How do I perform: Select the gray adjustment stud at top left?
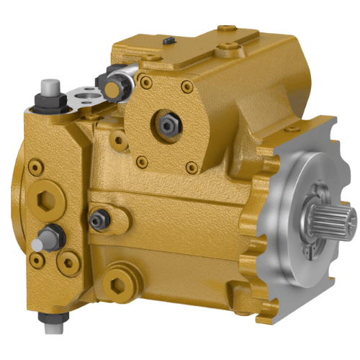coord(49,90)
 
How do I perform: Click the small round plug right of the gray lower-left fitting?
coord(70,260)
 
